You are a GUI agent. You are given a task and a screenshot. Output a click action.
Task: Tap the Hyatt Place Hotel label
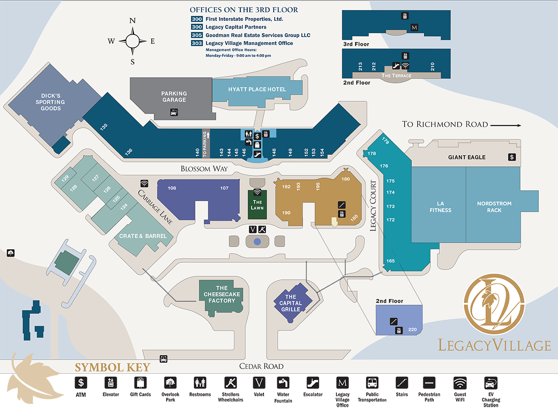point(257,89)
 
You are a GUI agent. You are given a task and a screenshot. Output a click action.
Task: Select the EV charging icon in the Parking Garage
point(174,113)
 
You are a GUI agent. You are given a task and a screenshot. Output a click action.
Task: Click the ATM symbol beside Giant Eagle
point(512,157)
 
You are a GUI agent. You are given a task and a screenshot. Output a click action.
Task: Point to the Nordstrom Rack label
point(494,207)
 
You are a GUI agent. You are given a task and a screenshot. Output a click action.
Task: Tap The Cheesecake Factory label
point(222,294)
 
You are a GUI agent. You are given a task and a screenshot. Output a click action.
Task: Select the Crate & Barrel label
point(143,236)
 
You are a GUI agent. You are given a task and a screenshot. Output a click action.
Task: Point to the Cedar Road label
point(262,366)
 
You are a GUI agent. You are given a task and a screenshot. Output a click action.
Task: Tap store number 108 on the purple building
point(172,188)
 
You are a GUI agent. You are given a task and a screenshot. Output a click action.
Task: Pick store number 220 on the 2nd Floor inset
point(413,330)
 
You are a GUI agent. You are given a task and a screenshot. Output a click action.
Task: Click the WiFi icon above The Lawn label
point(257,192)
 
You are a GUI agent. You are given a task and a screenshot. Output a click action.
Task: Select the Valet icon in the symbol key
point(259,383)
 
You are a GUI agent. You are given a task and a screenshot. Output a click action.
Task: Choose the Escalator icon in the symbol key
point(313,383)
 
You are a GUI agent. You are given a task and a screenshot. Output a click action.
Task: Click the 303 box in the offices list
point(197,43)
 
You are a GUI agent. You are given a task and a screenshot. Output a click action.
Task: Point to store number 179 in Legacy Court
point(385,141)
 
